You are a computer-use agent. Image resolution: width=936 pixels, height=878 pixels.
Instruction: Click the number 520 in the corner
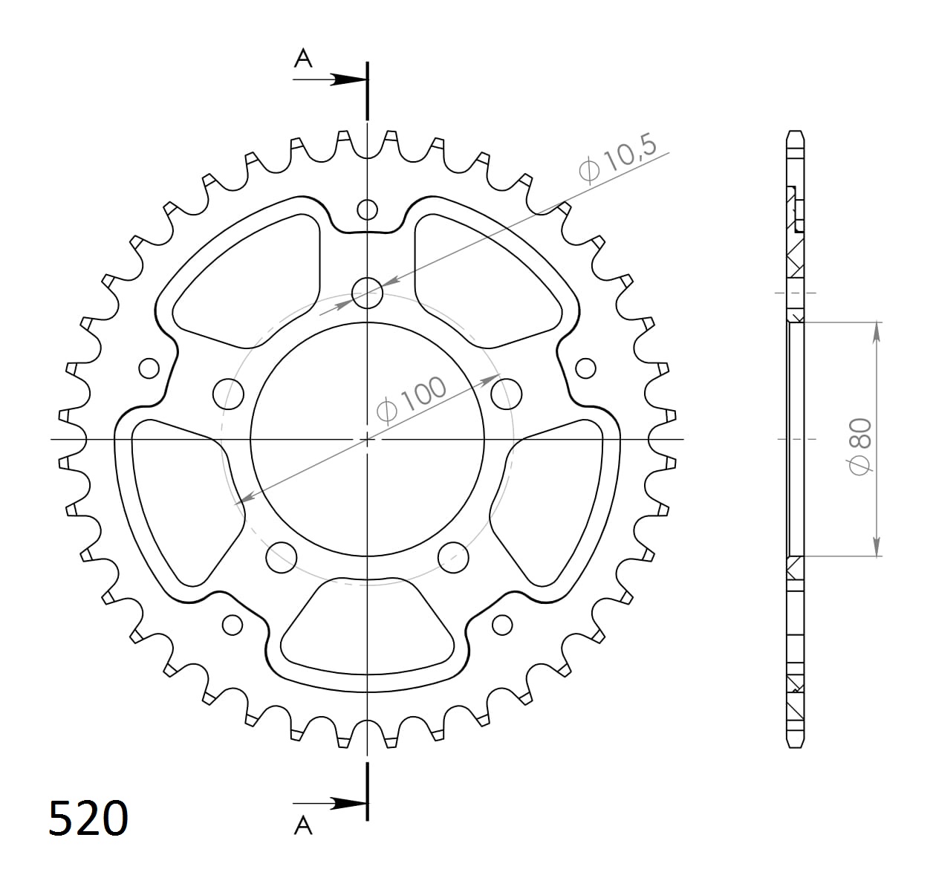click(88, 819)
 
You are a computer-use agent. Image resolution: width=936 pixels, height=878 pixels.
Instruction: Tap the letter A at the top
click(303, 58)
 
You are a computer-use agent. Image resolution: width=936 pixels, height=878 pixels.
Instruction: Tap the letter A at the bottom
click(303, 825)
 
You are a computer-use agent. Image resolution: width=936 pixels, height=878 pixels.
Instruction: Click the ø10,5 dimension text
click(618, 158)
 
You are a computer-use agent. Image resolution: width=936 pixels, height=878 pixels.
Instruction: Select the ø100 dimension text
click(412, 399)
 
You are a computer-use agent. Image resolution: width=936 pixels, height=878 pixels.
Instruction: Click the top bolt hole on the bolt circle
click(367, 292)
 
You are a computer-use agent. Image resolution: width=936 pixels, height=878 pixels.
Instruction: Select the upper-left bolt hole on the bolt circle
click(229, 394)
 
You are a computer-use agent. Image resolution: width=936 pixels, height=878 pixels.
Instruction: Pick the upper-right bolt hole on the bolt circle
click(507, 393)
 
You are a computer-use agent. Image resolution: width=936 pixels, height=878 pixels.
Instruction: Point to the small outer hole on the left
click(149, 368)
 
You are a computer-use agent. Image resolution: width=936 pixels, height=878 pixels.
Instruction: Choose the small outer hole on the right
click(585, 368)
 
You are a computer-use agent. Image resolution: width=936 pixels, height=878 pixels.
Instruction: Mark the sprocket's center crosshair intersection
click(367, 439)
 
